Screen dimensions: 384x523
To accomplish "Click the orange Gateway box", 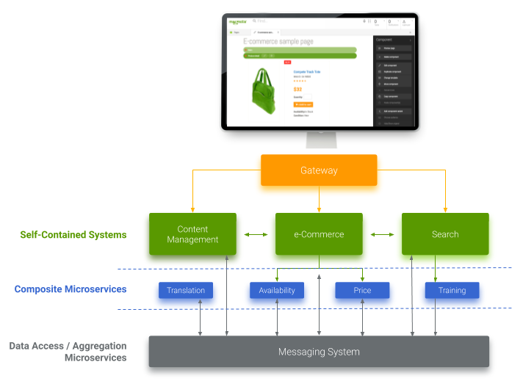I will (x=319, y=170).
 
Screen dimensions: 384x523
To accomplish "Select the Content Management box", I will (x=192, y=234).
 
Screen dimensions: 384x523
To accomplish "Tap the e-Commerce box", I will (x=319, y=234).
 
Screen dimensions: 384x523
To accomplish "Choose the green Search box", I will (x=445, y=234).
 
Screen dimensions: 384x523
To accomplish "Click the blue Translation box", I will (x=186, y=290).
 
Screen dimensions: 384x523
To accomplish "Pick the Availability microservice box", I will (x=277, y=290).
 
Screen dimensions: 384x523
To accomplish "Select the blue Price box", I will (x=362, y=290).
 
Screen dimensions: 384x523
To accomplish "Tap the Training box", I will (x=452, y=290).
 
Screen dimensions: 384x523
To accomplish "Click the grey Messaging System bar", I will (x=319, y=352).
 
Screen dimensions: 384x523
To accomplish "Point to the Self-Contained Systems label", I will (x=73, y=235).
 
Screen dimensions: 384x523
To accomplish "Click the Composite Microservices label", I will (x=71, y=289).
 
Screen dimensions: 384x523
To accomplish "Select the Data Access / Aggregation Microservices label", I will (x=68, y=352).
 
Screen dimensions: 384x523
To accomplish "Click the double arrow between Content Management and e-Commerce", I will (x=256, y=234).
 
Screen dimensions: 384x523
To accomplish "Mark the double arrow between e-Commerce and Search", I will (x=382, y=234).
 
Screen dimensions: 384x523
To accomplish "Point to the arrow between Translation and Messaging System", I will (x=201, y=317).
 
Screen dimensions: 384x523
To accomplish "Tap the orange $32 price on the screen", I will (x=297, y=89).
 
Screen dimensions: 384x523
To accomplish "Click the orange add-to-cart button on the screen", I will (x=303, y=105).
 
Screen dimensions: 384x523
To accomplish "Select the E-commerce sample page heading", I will (x=278, y=42).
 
